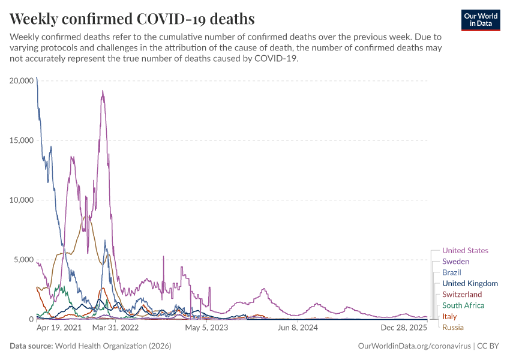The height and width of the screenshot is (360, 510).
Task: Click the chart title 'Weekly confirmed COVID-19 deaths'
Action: [x=132, y=19]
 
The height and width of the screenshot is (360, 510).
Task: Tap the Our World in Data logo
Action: [x=480, y=20]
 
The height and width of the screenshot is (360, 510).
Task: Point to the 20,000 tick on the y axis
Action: [x=22, y=80]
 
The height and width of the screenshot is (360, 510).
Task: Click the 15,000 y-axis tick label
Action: [x=22, y=140]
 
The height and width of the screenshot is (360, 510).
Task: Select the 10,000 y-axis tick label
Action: [x=22, y=200]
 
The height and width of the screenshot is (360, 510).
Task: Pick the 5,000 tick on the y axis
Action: [x=24, y=260]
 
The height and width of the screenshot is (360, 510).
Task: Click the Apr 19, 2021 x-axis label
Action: [x=59, y=328]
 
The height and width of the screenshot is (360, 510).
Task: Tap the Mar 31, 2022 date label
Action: [x=115, y=328]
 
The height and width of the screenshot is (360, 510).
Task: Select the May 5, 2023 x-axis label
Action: [x=206, y=328]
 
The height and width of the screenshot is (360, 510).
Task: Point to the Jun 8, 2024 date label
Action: [x=298, y=328]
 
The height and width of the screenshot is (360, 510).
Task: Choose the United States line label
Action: [x=465, y=251]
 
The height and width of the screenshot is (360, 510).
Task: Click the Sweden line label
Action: [x=455, y=262]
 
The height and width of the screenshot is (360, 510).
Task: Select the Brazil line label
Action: [x=451, y=272]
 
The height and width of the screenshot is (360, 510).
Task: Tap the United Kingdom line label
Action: [x=470, y=283]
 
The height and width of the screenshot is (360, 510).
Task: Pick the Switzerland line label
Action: [x=462, y=295]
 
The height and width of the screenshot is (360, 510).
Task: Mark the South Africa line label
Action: [x=463, y=305]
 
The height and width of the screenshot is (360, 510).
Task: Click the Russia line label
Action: [x=453, y=328]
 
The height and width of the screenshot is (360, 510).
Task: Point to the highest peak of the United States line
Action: [x=103, y=91]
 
